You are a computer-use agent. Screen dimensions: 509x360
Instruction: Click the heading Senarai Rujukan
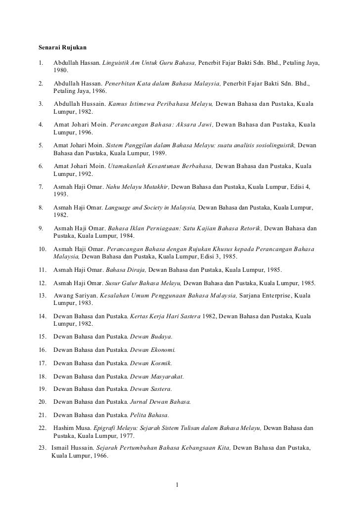[x=62, y=48]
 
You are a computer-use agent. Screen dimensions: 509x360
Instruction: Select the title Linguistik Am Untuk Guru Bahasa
[x=150, y=64]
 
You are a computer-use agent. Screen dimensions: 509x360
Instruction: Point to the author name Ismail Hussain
[x=73, y=449]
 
